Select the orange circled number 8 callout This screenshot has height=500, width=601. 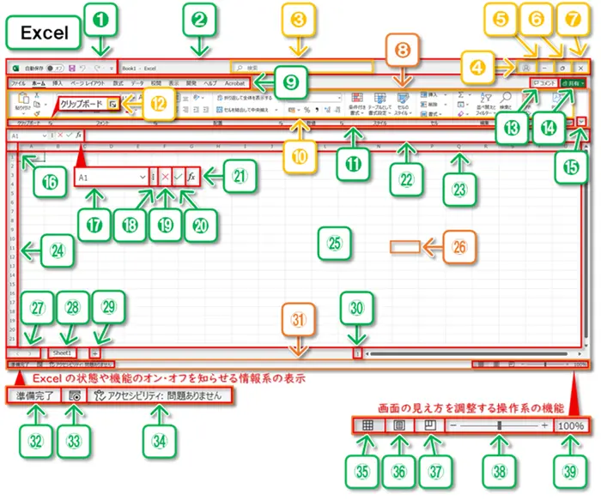pyautogui.click(x=401, y=50)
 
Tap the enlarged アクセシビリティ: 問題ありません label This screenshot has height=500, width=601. pyautogui.click(x=161, y=396)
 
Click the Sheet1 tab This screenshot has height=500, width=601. pyautogui.click(x=62, y=352)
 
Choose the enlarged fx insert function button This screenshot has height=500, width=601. pyautogui.click(x=191, y=176)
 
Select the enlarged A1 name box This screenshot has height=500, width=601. pyautogui.click(x=111, y=176)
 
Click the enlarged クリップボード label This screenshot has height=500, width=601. pyautogui.click(x=82, y=104)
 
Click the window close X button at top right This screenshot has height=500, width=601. pyautogui.click(x=581, y=66)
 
